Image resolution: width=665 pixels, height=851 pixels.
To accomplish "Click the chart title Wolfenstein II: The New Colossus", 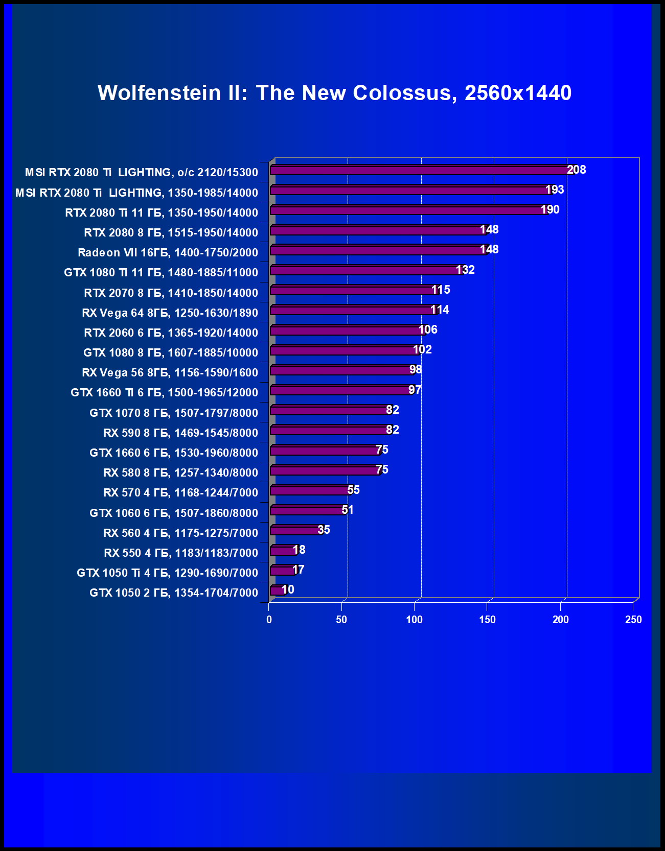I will (x=334, y=93).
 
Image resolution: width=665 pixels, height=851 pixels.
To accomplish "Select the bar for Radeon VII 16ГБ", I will (x=378, y=250).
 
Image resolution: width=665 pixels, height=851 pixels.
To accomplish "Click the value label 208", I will (x=577, y=170).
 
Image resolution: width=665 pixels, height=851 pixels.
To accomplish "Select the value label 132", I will (x=466, y=270).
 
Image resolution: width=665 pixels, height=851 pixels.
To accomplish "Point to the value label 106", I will (x=428, y=329).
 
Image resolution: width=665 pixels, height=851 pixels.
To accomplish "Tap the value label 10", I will (x=288, y=589).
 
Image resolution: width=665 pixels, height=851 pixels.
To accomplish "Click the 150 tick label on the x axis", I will (x=487, y=620).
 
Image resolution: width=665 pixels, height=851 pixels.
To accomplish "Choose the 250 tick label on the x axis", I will (x=633, y=620).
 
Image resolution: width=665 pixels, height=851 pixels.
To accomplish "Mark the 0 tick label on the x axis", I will (x=269, y=620).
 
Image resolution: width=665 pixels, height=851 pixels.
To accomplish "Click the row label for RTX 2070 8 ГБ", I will (x=171, y=293).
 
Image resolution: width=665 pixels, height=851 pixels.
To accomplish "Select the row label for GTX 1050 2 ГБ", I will (x=174, y=593).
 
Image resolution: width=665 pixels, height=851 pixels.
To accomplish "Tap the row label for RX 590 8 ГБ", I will (x=180, y=433).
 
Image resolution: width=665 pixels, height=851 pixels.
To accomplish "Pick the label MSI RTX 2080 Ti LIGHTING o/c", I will (x=142, y=172).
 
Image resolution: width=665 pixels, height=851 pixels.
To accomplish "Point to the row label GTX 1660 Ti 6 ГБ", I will (x=164, y=392).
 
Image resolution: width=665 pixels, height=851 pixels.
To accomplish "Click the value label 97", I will (x=415, y=390).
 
